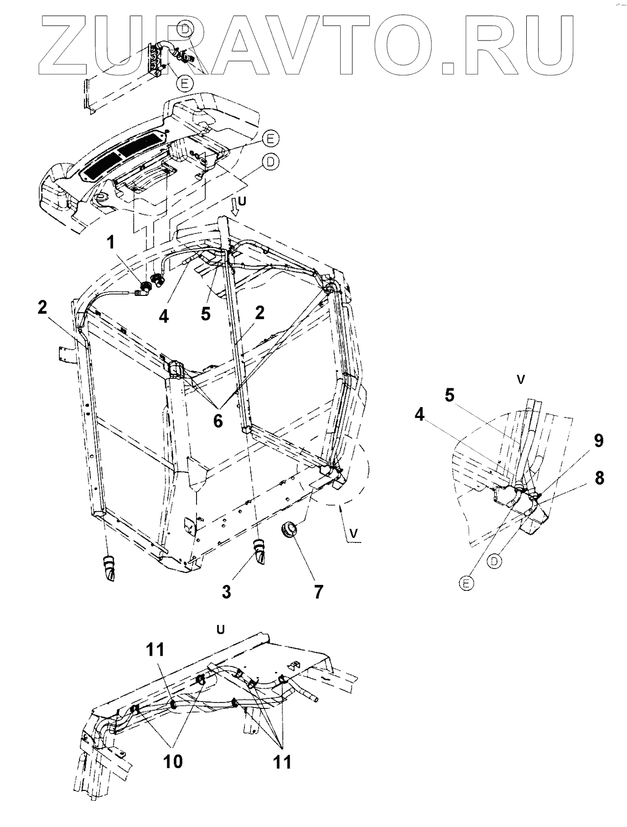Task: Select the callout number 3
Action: (226, 591)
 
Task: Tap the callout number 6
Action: (218, 421)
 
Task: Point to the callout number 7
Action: (318, 591)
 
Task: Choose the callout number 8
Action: (599, 478)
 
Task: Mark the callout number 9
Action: (598, 441)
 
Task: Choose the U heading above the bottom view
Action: (221, 629)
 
